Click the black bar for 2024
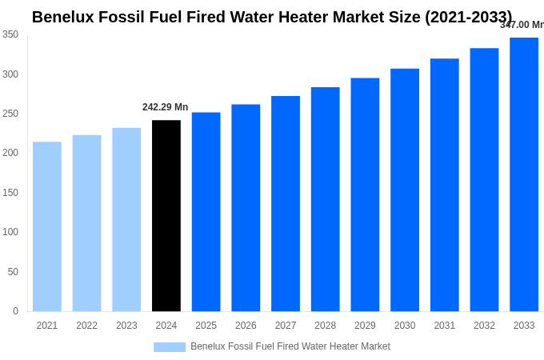click(x=166, y=216)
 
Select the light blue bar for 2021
click(x=47, y=226)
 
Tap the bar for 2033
click(x=524, y=174)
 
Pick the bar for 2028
click(x=325, y=199)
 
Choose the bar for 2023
click(x=126, y=219)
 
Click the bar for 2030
click(x=405, y=190)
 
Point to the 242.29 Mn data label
click(x=166, y=107)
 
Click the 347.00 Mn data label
click(x=522, y=25)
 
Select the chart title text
click(x=272, y=17)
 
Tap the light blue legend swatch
click(x=170, y=347)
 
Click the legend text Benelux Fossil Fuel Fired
click(x=290, y=346)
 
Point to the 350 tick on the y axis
click(x=10, y=34)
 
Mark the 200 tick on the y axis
click(x=10, y=153)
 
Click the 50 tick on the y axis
click(x=12, y=272)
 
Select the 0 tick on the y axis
click(x=15, y=311)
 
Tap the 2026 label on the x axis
click(x=246, y=326)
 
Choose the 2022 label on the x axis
click(x=86, y=326)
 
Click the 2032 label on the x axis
click(x=484, y=326)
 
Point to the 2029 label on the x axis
click(x=365, y=326)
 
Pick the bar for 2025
click(x=206, y=212)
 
